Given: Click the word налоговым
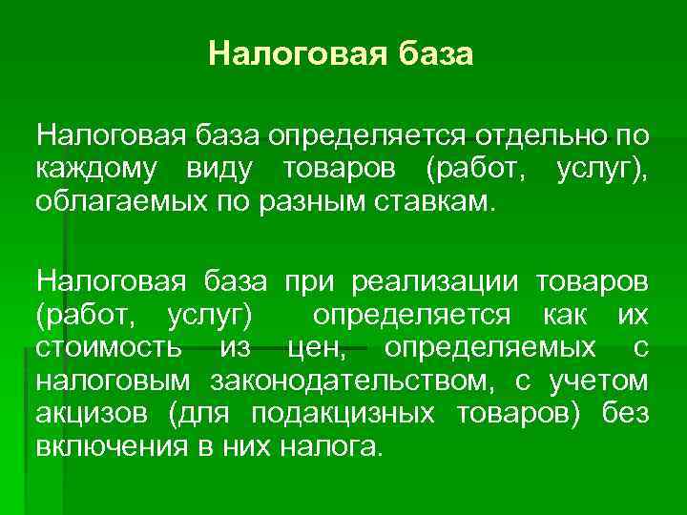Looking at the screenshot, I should pyautogui.click(x=104, y=382).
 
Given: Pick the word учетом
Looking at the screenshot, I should pyautogui.click(x=598, y=382).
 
